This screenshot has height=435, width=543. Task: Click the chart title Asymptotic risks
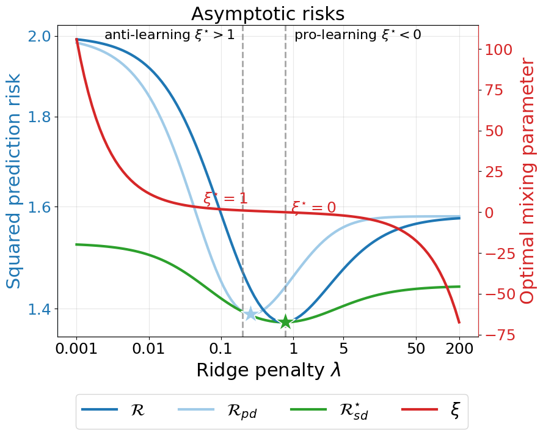268,13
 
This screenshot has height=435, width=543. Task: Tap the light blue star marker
250,314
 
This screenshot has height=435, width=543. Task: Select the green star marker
285,321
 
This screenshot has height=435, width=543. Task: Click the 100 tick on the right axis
498,49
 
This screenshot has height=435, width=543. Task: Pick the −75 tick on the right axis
498,335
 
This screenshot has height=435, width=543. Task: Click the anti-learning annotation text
169,35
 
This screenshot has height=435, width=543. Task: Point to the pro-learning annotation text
357,35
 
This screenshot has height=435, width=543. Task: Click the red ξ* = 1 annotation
225,199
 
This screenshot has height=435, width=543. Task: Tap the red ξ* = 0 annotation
313,208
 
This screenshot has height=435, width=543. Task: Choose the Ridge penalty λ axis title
268,371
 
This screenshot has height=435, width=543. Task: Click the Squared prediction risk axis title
14,181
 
